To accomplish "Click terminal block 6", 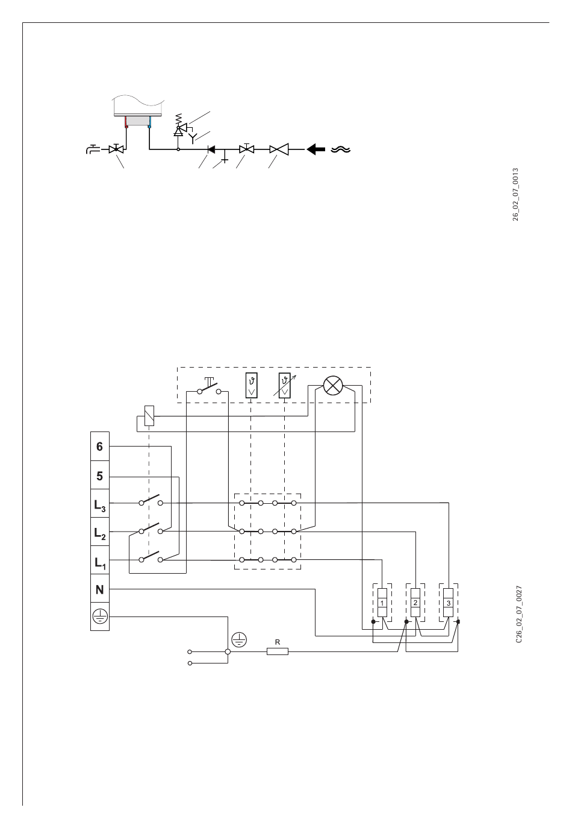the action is pos(99,447).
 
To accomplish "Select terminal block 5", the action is pos(99,476).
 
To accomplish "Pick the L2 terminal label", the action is pos(99,533).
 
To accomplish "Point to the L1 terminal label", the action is pos(99,562).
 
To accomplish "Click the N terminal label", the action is pos(99,590).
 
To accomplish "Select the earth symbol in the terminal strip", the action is pos(99,616).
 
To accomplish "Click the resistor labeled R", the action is pos(278,651).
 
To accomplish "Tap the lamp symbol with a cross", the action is pos(333,386).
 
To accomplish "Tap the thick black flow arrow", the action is pos(316,149).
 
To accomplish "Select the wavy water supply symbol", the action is pos(340,149).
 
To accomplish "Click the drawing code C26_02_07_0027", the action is pos(518,614).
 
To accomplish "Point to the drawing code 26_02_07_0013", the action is pos(515,194).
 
